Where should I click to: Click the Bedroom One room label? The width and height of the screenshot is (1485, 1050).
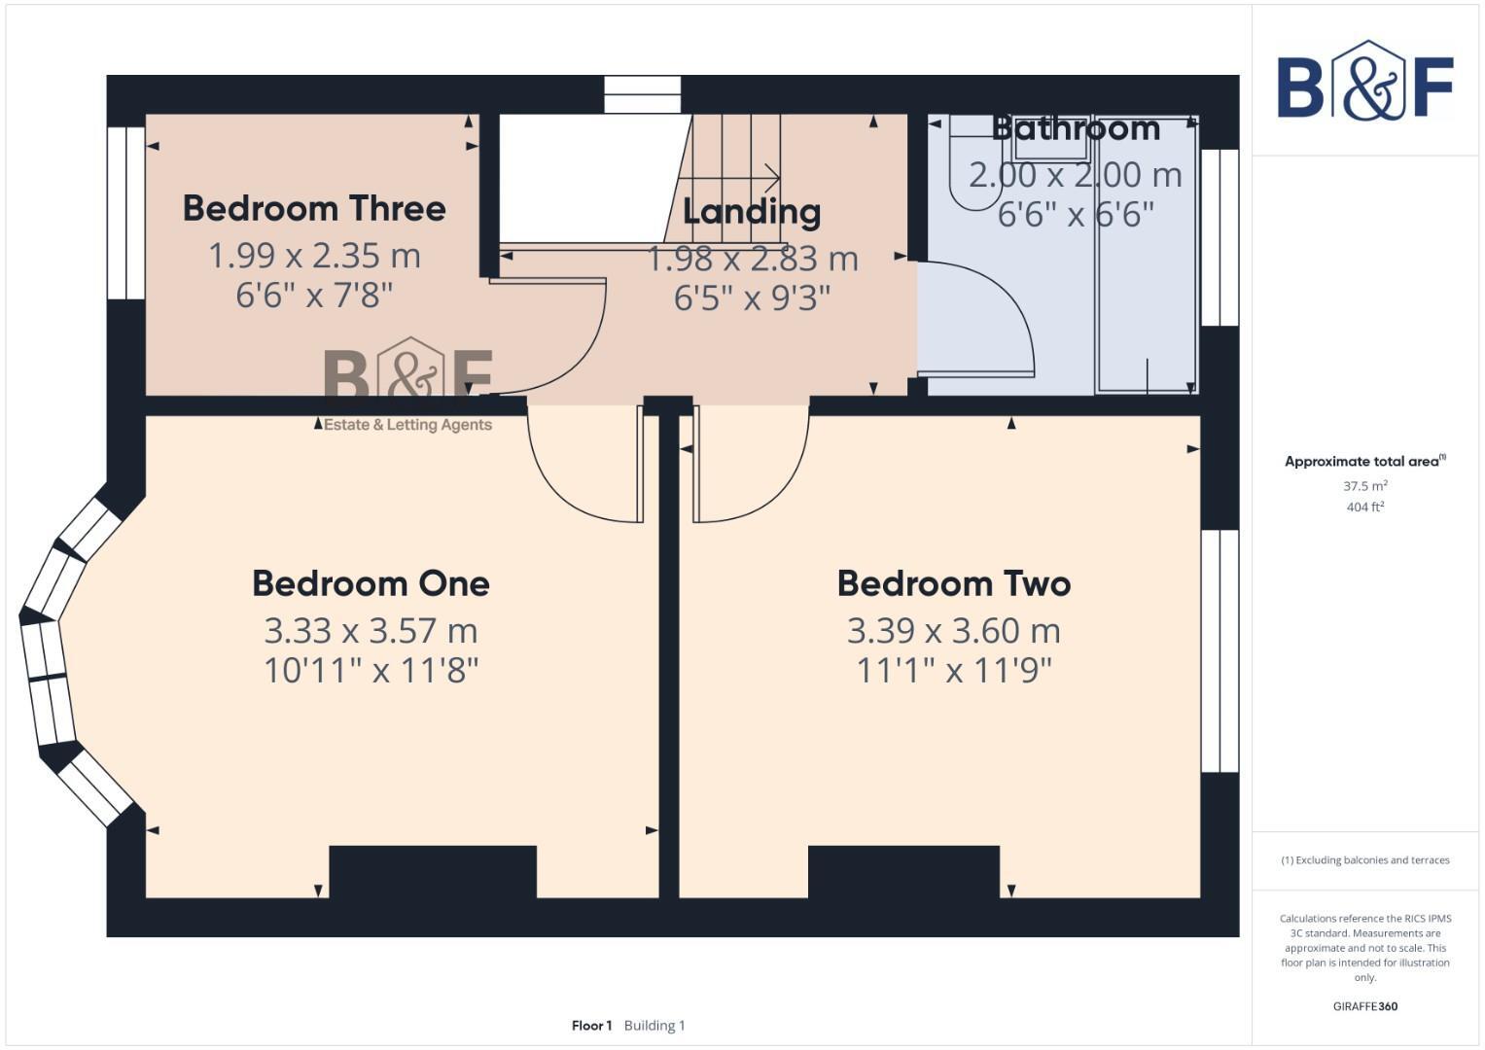(371, 583)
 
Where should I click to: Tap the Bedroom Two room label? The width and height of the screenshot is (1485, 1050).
(953, 583)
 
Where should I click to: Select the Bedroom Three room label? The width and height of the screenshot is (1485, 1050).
(314, 208)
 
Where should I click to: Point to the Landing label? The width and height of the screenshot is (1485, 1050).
(752, 211)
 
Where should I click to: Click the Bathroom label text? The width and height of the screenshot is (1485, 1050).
(1076, 128)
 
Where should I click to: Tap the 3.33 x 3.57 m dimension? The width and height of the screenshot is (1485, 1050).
(371, 631)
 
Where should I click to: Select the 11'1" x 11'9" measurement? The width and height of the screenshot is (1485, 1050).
(953, 670)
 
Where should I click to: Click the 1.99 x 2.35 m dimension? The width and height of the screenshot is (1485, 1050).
(314, 256)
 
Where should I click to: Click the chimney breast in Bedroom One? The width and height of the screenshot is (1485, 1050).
(433, 872)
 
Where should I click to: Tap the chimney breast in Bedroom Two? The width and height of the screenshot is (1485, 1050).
(903, 872)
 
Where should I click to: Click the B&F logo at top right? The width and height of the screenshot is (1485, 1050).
(1364, 81)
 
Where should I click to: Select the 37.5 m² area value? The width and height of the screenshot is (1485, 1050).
(1364, 486)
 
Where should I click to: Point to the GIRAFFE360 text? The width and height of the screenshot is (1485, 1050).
(1364, 1006)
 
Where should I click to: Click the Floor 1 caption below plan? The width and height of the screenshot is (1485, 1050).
(591, 1026)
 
